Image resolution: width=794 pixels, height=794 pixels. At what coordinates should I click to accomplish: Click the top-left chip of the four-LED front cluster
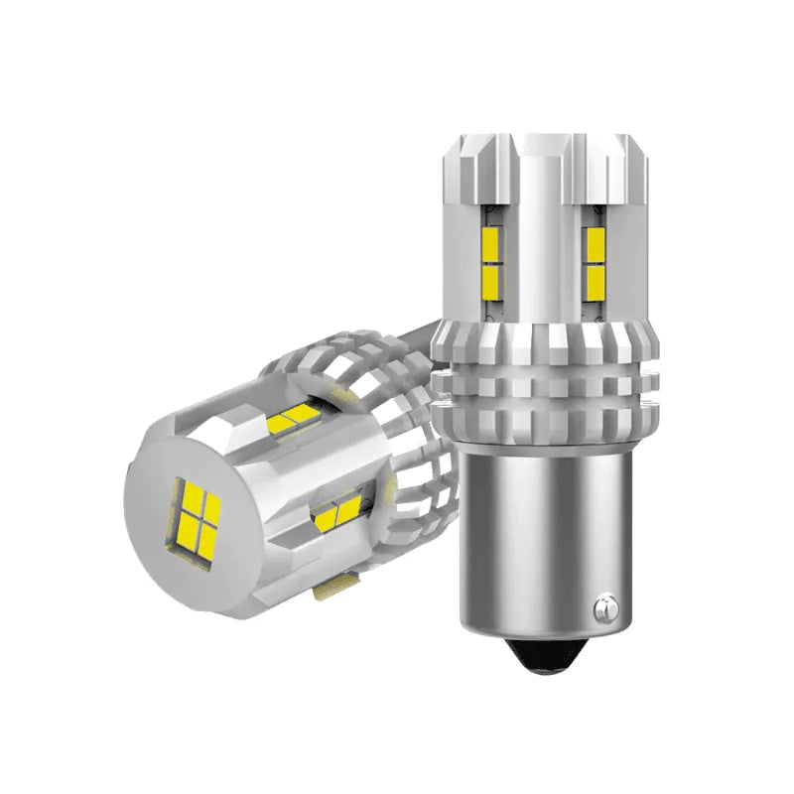pyautogui.click(x=186, y=494)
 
